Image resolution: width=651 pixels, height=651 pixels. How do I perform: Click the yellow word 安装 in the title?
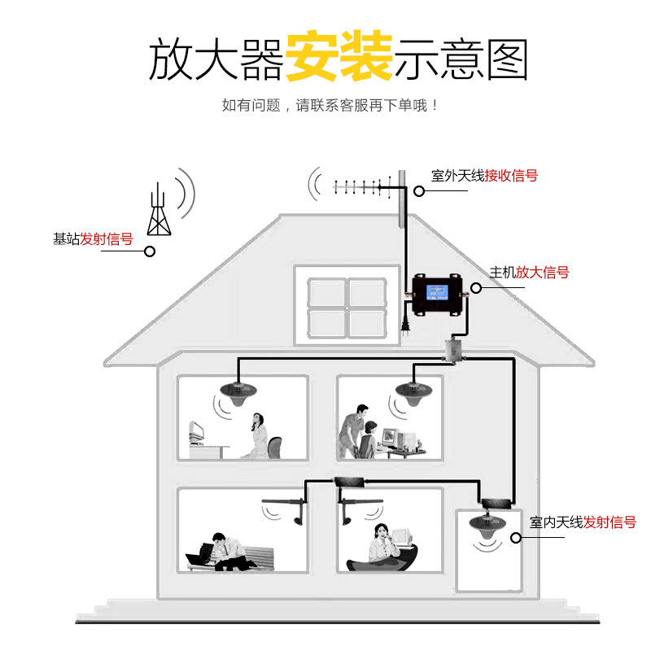(x=339, y=57)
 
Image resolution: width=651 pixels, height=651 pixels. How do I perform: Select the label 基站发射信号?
(x=93, y=239)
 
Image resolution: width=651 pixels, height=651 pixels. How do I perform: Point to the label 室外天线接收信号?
(x=484, y=176)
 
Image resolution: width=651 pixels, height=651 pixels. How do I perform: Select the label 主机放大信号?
(x=529, y=273)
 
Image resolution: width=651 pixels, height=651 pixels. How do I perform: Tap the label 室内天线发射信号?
(x=583, y=522)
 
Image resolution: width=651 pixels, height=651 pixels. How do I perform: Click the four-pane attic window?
(x=347, y=307)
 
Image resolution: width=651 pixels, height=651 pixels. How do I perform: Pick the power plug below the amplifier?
(x=404, y=325)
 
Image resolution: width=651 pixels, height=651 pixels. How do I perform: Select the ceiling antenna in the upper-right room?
(x=416, y=389)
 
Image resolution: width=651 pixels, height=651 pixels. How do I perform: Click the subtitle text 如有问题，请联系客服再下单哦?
(x=330, y=105)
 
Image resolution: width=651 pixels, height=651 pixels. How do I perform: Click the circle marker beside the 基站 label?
(x=150, y=251)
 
